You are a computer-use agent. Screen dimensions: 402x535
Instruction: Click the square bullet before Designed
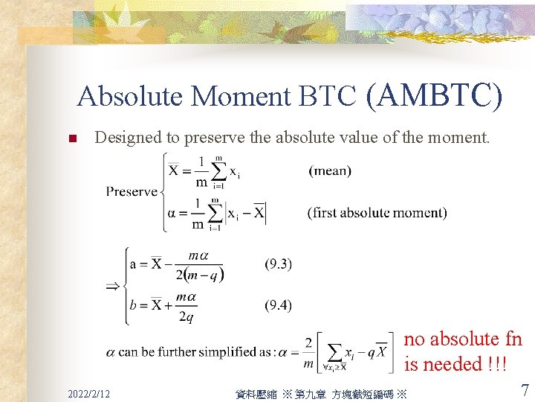pos(72,138)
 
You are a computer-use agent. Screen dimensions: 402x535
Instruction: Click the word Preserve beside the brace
pos(132,191)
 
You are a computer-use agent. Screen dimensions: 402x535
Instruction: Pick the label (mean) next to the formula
pos(330,171)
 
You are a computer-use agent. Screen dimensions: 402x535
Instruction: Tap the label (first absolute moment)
pos(377,213)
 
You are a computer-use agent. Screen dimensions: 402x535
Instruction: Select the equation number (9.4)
pos(279,304)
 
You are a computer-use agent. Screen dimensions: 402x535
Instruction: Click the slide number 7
pos(525,390)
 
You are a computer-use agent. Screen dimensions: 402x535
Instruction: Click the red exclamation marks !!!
pos(496,365)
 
